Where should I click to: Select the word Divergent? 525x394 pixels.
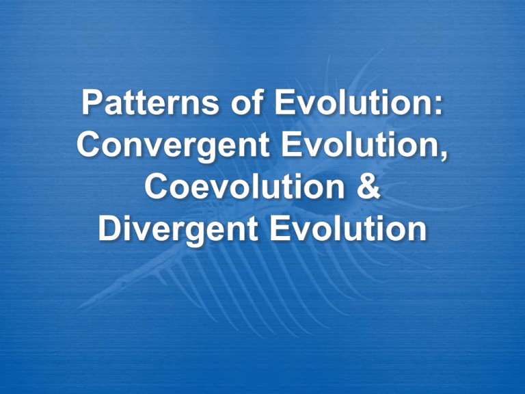[174, 231]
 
